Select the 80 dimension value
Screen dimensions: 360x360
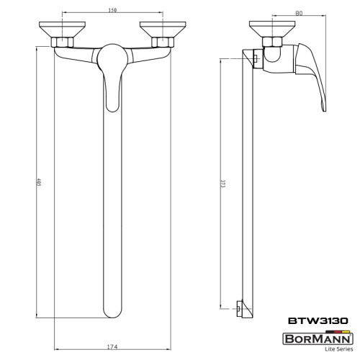tap(297, 12)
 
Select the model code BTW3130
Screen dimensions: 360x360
tap(318, 322)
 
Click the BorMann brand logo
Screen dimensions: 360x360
tap(317, 336)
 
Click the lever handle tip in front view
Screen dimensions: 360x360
tap(111, 106)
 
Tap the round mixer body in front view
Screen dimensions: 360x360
tap(112, 58)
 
